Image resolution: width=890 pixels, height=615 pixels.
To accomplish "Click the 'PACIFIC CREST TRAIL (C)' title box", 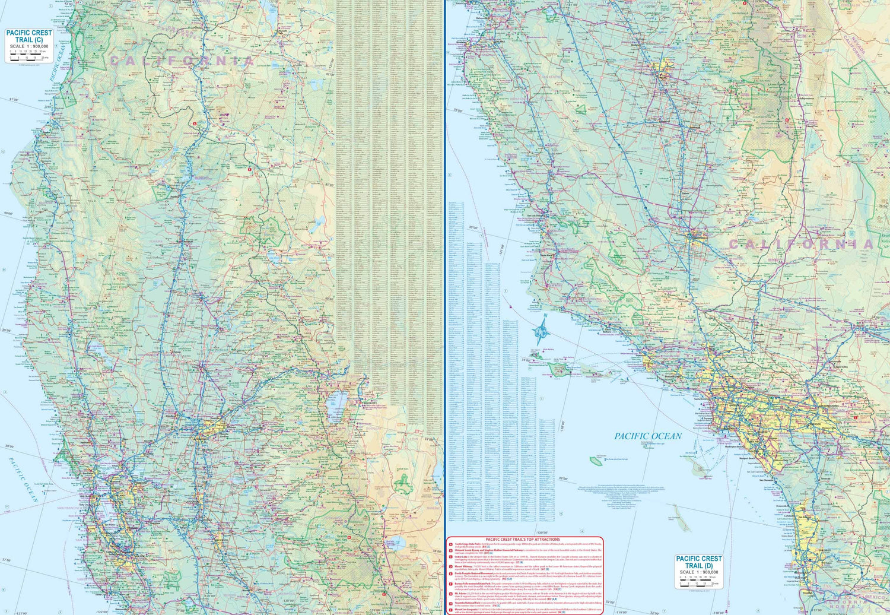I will [28, 45].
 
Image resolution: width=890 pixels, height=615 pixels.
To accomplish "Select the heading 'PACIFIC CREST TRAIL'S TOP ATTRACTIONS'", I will [523, 540].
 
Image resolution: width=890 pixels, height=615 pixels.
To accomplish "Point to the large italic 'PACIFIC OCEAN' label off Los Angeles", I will [648, 436].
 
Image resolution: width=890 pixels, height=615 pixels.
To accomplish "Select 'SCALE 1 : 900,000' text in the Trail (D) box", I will [699, 572].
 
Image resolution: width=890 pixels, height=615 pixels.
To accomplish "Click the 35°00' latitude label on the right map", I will [473, 227].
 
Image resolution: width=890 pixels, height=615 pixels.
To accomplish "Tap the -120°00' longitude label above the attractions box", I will [541, 532].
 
